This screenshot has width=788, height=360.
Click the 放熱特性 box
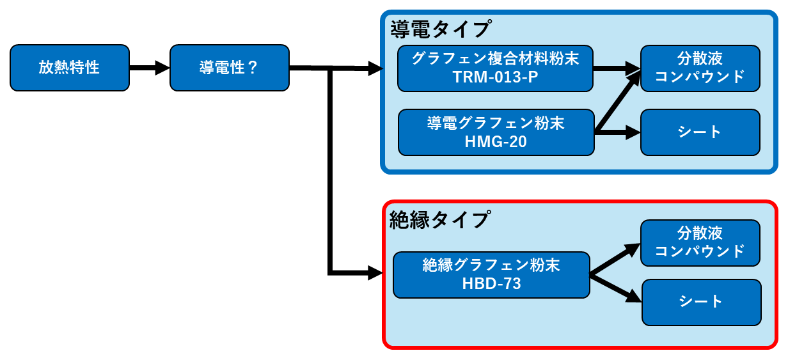point(70,68)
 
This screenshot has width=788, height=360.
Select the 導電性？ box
point(230,68)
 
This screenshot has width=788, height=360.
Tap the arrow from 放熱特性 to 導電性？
point(150,68)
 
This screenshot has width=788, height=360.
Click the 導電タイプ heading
point(440,29)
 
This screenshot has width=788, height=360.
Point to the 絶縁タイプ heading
point(439,220)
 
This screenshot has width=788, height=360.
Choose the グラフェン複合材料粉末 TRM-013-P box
point(495,68)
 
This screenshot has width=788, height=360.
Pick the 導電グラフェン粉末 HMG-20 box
point(496,132)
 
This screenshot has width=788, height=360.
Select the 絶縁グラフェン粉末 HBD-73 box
point(491,275)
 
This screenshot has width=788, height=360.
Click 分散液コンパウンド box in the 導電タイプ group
point(700,68)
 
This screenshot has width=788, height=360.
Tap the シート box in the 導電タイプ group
point(700,132)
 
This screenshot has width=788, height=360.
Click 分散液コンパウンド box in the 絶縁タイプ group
point(700,243)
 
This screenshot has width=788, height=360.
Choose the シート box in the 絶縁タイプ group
point(702,302)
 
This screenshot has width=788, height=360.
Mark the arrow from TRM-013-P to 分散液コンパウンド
point(617,68)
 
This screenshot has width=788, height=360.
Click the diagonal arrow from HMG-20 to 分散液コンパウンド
point(618,101)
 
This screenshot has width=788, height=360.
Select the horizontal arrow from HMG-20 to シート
point(617,132)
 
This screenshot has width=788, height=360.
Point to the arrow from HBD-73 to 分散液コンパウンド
point(615,259)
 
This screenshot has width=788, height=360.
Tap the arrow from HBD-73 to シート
point(615,288)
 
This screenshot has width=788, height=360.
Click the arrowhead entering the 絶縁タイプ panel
point(375,273)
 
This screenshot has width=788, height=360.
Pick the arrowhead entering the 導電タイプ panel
point(375,68)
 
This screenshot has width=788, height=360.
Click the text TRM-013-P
point(495,77)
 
